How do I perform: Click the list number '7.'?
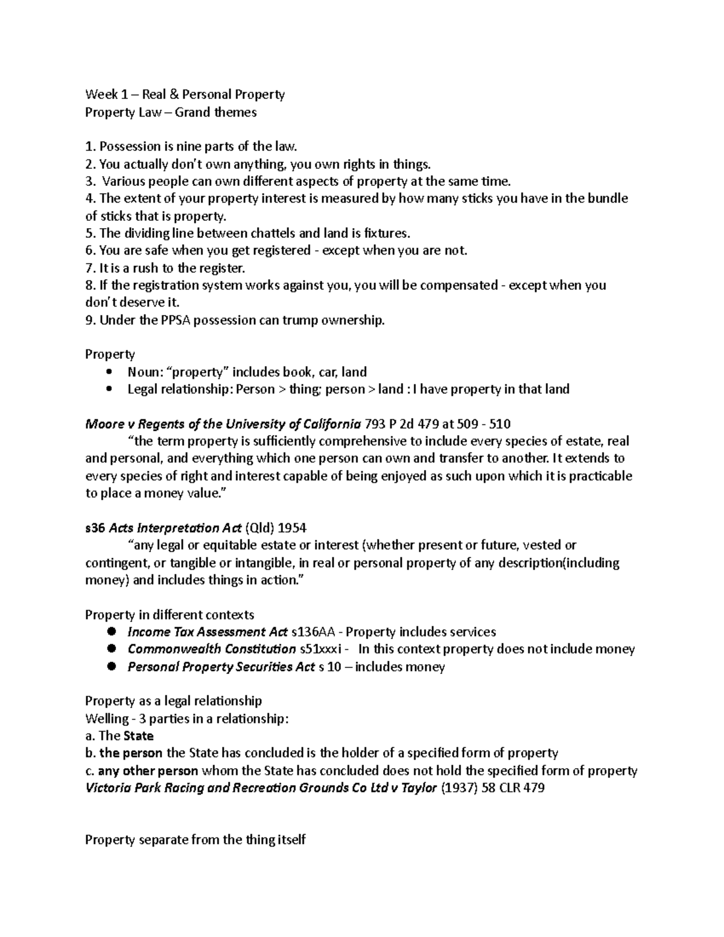[x=91, y=268]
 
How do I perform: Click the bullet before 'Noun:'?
[x=109, y=372]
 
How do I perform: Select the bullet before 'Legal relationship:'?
[x=109, y=390]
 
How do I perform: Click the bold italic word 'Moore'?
[x=104, y=424]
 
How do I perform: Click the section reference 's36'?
[x=95, y=529]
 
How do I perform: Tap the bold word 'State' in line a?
[x=139, y=736]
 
